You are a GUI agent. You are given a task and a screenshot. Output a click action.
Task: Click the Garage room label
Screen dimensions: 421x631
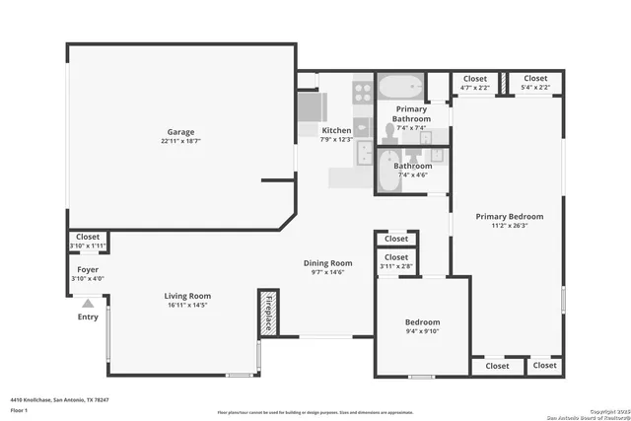[179, 131]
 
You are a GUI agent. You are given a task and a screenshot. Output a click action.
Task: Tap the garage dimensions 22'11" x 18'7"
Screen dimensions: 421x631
[179, 141]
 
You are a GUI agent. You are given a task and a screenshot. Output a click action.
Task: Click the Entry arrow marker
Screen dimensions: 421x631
[88, 305]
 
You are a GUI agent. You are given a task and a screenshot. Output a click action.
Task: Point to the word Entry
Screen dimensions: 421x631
[88, 317]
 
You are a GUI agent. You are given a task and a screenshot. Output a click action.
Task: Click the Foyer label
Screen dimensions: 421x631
[88, 269]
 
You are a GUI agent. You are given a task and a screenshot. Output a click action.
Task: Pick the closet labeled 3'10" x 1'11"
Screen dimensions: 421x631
[88, 246]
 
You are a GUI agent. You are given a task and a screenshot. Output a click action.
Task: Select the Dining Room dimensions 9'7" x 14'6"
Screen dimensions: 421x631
[327, 272]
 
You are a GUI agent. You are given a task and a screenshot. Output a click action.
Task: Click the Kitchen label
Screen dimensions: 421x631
[336, 130]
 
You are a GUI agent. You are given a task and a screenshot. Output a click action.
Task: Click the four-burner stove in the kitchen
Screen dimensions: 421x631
[362, 92]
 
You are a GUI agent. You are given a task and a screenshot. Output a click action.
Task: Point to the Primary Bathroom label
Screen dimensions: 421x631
[411, 113]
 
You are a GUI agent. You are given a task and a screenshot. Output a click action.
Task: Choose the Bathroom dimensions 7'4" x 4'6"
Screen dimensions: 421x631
[412, 175]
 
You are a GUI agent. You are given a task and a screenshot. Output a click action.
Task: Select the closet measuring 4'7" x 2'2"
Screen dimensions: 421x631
[475, 88]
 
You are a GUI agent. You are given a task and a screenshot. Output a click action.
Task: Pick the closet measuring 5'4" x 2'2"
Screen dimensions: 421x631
[535, 88]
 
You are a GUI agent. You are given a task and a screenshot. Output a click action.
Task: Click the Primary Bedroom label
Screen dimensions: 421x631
[509, 217]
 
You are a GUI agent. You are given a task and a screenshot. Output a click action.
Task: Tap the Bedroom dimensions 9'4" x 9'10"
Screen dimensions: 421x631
[422, 332]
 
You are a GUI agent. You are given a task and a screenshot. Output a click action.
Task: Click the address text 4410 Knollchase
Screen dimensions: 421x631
[59, 400]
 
